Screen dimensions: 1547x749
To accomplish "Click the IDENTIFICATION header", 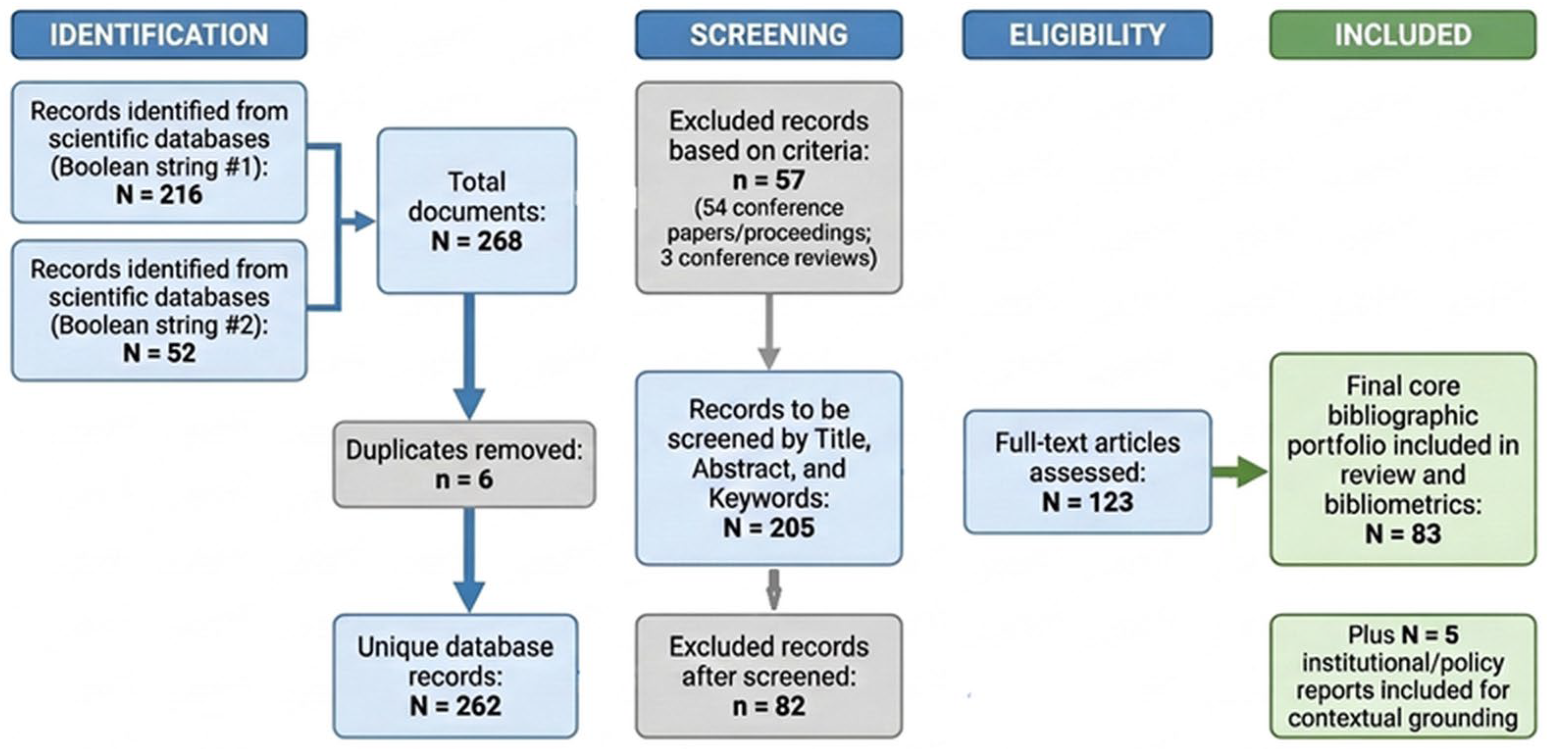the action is click(x=159, y=35).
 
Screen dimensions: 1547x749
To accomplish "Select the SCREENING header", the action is click(x=769, y=35).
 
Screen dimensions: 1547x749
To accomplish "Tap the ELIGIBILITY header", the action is click(x=1087, y=35).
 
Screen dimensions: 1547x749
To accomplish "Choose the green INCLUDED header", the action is click(x=1403, y=35).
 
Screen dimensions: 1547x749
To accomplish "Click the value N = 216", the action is click(x=159, y=195).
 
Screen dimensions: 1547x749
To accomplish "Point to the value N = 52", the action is click(x=159, y=352).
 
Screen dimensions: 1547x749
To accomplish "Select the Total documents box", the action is click(x=477, y=211).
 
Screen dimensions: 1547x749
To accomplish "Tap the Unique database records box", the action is click(x=456, y=676).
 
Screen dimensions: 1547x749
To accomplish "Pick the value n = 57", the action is click(x=769, y=180).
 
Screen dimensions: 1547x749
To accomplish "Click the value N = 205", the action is click(x=769, y=527).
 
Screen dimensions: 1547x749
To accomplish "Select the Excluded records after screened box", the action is click(x=769, y=676).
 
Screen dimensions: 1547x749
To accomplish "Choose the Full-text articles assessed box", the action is click(x=1087, y=472).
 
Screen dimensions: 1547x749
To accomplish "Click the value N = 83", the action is click(x=1403, y=533).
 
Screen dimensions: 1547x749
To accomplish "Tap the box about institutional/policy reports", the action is click(x=1403, y=676).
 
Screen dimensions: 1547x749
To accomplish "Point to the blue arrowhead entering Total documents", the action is click(x=363, y=222).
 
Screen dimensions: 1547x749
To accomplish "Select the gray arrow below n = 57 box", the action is click(x=769, y=331).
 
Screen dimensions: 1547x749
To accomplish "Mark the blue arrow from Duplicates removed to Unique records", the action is click(x=469, y=560).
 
